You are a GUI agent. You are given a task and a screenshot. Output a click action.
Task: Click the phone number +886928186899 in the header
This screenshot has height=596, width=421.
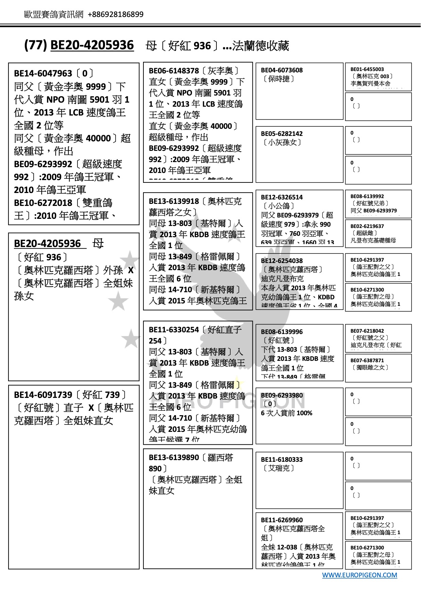click(x=116, y=14)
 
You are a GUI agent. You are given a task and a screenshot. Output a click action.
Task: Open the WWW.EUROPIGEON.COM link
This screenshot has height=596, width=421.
click(x=359, y=575)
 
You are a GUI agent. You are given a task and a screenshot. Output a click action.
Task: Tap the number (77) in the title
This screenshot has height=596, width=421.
click(x=35, y=45)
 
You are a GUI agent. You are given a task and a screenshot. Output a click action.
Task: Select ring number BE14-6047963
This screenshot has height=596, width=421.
click(x=43, y=73)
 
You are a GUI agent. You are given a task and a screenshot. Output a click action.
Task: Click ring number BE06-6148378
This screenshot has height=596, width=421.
click(x=174, y=71)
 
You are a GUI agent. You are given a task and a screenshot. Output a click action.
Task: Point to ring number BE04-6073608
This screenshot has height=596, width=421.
click(x=282, y=70)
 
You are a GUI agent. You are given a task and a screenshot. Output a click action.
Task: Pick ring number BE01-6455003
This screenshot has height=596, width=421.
click(x=367, y=69)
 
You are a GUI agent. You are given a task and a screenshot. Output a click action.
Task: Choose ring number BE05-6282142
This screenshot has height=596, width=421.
click(x=282, y=134)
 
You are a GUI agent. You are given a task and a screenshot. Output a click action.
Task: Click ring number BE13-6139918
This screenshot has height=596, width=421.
click(x=174, y=201)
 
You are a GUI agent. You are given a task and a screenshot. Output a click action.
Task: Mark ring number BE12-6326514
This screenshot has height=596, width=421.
click(x=282, y=197)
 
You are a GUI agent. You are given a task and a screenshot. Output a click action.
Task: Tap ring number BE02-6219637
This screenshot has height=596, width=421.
click(x=367, y=226)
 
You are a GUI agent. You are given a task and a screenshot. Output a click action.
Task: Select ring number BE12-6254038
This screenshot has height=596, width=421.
click(x=282, y=261)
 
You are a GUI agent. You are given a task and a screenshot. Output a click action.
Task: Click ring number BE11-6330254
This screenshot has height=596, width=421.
click(x=174, y=330)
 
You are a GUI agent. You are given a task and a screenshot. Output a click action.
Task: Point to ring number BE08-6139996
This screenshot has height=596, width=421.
click(x=282, y=332)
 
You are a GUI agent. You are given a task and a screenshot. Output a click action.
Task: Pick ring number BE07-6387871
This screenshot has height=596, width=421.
click(x=367, y=361)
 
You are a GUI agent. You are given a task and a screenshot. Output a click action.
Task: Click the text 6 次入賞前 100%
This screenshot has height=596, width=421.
click(x=286, y=413)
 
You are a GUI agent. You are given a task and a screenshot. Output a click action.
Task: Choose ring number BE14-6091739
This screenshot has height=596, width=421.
click(x=43, y=395)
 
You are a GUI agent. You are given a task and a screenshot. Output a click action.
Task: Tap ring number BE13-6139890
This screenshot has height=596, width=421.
click(x=174, y=458)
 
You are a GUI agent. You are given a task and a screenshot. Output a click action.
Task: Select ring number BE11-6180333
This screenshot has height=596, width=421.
click(x=282, y=460)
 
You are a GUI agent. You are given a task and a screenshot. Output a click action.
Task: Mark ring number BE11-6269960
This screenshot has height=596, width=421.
click(x=282, y=520)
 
